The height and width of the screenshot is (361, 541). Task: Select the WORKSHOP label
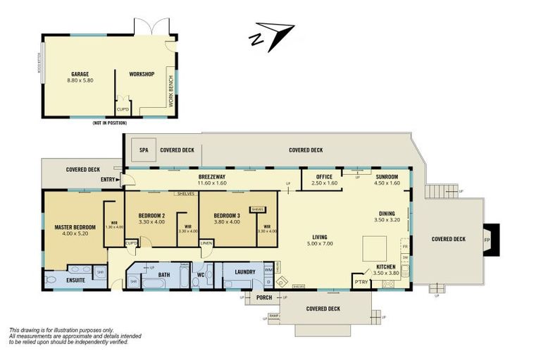pyautogui.click(x=141, y=74)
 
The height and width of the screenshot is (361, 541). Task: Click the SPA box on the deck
pyautogui.click(x=144, y=149)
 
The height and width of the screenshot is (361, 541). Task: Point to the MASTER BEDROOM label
pyautogui.click(x=74, y=227)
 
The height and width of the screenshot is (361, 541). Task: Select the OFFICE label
pyautogui.click(x=324, y=176)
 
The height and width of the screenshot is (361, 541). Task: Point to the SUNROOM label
pyautogui.click(x=387, y=176)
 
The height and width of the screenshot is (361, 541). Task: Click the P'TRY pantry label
pyautogui.click(x=361, y=282)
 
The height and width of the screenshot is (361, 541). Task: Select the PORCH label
pyautogui.click(x=264, y=297)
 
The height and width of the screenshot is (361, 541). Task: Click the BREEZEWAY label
pyautogui.click(x=211, y=176)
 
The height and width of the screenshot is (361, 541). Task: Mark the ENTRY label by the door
pyautogui.click(x=108, y=179)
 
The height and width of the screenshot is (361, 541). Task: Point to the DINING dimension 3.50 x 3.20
pyautogui.click(x=386, y=220)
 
